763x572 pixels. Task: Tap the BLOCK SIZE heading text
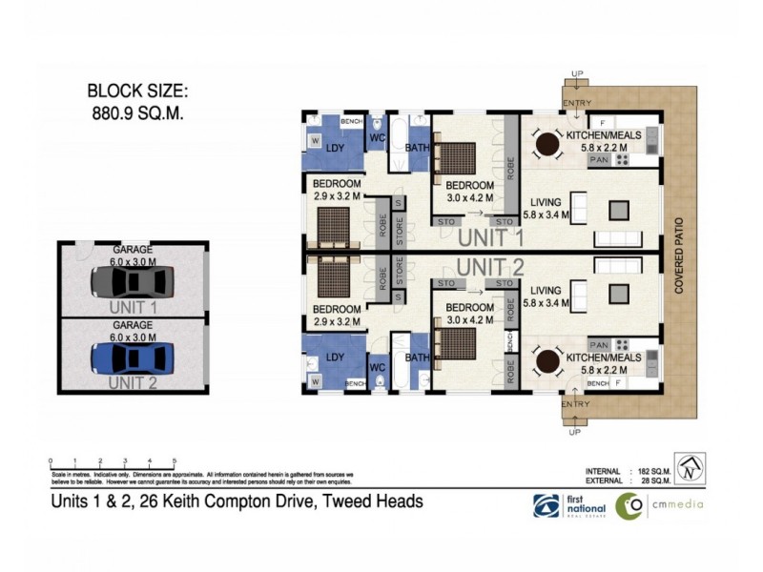coord(138,92)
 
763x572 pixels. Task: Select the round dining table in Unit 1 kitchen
coord(547,145)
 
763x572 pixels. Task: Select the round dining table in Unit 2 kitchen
coord(547,363)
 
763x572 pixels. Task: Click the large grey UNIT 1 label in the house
coord(490,237)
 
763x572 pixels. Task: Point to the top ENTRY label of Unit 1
coord(576,103)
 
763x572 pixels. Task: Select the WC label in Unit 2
coord(379,366)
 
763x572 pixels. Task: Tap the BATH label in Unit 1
coord(417,148)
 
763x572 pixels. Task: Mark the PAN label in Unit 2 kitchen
coord(599,344)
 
